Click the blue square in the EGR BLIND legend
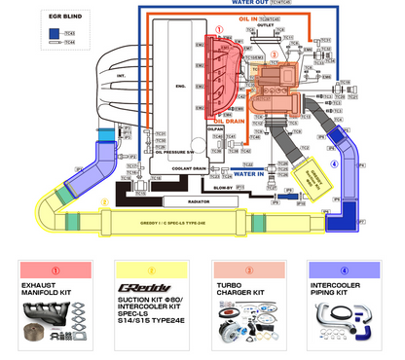click(44, 33)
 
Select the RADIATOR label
click(199, 201)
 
